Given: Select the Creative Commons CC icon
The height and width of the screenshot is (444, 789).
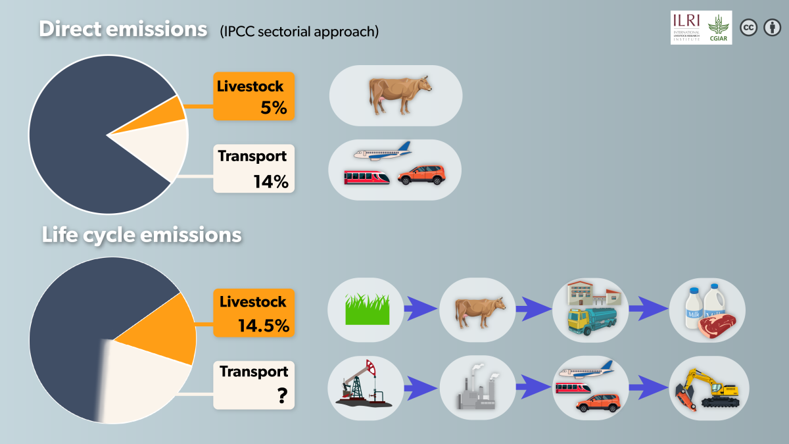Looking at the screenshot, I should (x=749, y=28).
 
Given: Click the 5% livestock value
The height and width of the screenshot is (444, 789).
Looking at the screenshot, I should (x=274, y=108).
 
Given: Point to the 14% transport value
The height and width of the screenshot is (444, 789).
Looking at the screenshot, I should (x=271, y=181).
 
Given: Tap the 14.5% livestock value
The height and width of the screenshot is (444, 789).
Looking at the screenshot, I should (x=264, y=325).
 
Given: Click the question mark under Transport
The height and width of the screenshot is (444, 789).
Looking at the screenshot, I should (x=281, y=395).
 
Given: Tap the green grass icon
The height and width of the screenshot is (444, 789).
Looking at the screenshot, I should (x=368, y=309).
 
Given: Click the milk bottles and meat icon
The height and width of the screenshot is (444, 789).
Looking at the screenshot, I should (x=707, y=310).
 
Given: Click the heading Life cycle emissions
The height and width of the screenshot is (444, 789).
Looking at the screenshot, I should (x=141, y=235).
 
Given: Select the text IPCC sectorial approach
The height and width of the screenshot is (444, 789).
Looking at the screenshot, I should (x=299, y=32).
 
